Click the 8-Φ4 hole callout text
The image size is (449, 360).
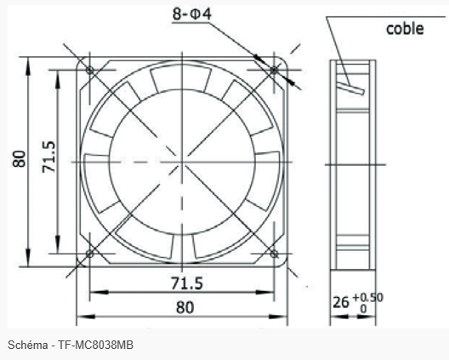192,14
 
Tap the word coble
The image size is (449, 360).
405,29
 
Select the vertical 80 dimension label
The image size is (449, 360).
20,158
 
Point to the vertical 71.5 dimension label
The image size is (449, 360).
48,157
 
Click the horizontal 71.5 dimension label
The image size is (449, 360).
187,283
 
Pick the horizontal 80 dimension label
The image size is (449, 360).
185,307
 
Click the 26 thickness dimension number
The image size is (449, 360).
341,302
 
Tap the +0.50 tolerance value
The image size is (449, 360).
368,298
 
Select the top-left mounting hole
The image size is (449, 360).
89,70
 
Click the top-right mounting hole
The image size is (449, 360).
274,70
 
